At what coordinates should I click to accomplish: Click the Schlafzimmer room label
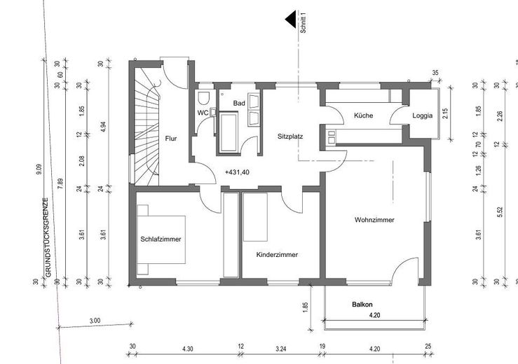point(161,239)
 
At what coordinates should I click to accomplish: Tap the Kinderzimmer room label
point(277,255)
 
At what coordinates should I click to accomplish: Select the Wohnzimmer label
point(374,220)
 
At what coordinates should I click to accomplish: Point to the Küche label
point(363,115)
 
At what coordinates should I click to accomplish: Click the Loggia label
point(422,115)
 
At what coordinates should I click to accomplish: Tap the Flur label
point(171,139)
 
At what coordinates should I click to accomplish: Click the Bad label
point(239,104)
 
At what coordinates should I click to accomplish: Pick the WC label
point(203,113)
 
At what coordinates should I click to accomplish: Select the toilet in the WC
point(205,97)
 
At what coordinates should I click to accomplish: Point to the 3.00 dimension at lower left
point(95,321)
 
